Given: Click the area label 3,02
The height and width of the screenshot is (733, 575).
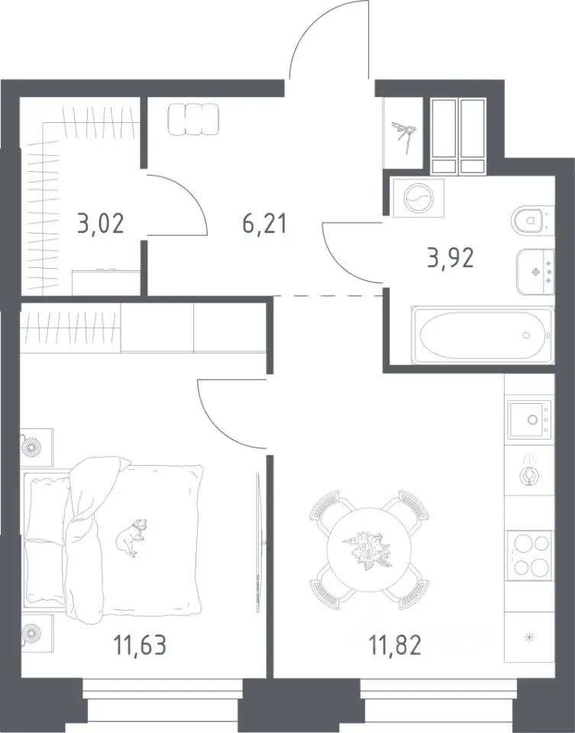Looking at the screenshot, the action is pos(101,223).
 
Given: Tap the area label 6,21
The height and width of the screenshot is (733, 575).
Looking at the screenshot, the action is pos(264,223).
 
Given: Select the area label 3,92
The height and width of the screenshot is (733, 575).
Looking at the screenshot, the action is pos(451,257).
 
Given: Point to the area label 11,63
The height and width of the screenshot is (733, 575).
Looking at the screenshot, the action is pos(140,645).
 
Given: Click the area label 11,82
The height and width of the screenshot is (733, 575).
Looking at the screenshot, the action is pos(395,645).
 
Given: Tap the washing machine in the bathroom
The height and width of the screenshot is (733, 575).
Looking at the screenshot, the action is pos(418,199).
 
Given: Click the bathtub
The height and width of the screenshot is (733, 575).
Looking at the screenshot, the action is pos(482,334).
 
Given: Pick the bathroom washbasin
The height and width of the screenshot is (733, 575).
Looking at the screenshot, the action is pos(535,272).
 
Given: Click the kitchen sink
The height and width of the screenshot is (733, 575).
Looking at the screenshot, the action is pos(529,419).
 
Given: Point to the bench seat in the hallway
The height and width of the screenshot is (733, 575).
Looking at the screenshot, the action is pos(193,119).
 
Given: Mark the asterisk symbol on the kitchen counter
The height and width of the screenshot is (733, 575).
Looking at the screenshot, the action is pos(529,637).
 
